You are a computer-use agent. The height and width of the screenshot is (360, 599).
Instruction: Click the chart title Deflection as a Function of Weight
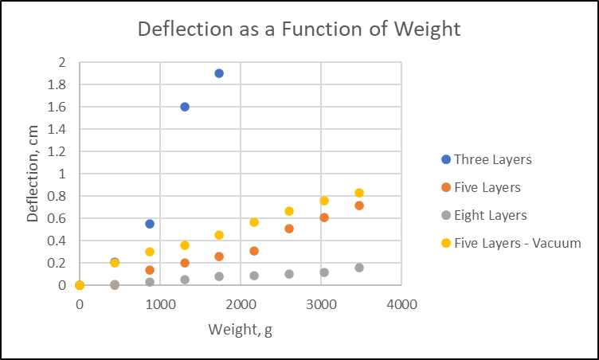299,29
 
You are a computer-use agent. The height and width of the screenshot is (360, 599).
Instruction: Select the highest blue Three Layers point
219,73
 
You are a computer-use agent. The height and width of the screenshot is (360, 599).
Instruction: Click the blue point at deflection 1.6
185,107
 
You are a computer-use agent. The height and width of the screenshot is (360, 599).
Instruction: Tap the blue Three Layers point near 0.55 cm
150,224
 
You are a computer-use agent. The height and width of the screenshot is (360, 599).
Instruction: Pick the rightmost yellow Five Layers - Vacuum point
359,193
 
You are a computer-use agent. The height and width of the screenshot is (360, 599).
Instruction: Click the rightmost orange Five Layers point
359,205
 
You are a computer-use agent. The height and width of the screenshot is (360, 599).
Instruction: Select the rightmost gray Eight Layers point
359,268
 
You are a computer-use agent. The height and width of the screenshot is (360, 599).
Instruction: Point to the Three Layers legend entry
491,159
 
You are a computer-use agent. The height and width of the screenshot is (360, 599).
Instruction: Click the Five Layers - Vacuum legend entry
517,243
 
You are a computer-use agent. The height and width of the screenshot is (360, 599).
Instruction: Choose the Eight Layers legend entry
490,215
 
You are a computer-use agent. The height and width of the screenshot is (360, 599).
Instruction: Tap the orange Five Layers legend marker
445,187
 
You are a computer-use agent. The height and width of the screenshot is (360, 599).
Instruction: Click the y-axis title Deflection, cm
33,174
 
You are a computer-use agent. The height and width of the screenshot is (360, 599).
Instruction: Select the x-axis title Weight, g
240,330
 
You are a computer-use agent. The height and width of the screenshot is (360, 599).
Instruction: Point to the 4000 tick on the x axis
401,303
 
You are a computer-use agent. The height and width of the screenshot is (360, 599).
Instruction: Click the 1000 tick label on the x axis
160,303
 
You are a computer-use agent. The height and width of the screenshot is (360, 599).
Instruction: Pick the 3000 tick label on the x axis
321,303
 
